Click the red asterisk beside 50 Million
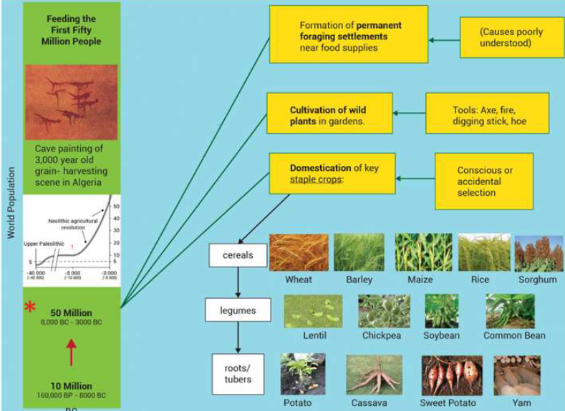click(x=30, y=307)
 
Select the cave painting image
click(x=70, y=102)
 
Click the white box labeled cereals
click(x=237, y=255)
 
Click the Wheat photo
click(x=299, y=252)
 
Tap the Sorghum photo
click(x=539, y=253)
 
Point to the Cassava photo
click(x=373, y=375)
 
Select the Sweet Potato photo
click(x=448, y=375)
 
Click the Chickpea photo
click(x=384, y=311)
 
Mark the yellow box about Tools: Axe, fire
click(x=487, y=113)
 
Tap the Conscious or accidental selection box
click(x=483, y=182)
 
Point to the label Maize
click(x=420, y=279)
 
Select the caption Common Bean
click(x=514, y=335)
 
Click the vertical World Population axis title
click(x=11, y=204)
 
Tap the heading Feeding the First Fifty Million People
click(x=70, y=30)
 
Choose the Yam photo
click(x=517, y=375)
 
